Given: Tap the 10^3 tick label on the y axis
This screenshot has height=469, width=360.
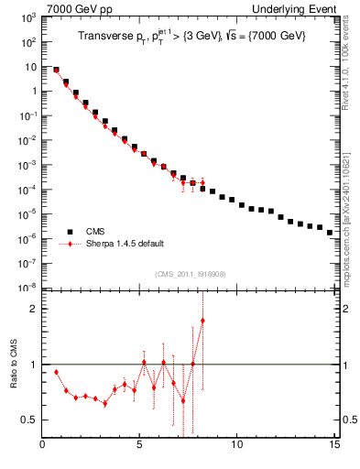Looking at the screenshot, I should point(27,17).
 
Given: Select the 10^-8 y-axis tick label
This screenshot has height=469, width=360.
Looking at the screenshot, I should point(27,288).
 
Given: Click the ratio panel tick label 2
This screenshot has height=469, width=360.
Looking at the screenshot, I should point(32,309).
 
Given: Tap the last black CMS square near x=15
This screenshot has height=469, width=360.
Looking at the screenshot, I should point(329,233).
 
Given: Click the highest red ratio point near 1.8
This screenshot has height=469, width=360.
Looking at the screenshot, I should point(202,321).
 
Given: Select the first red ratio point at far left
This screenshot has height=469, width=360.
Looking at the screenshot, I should point(57,372).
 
